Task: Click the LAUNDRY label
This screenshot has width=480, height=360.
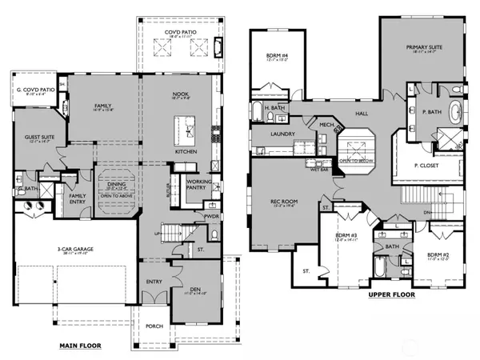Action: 282,134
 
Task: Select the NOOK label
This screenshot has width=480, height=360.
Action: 181,94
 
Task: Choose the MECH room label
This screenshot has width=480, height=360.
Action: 326,125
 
